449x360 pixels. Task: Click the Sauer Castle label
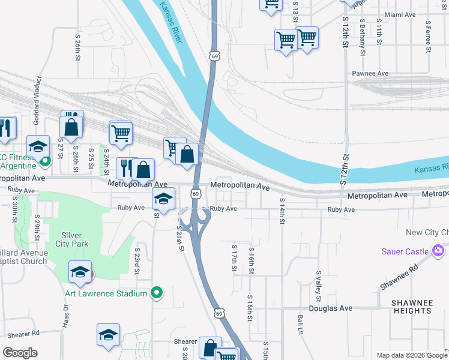pyautogui.click(x=405, y=251)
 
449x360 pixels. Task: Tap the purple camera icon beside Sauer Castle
pyautogui.click(x=439, y=250)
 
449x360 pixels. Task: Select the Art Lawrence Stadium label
pyautogui.click(x=106, y=293)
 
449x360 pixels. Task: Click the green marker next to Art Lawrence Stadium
pyautogui.click(x=157, y=293)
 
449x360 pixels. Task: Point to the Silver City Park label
pyautogui.click(x=74, y=239)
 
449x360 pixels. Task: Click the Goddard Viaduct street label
pyautogui.click(x=37, y=100)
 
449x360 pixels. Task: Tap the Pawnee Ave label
pyautogui.click(x=370, y=73)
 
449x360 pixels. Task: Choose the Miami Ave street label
pyautogui.click(x=400, y=14)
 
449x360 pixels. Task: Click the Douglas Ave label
pyautogui.click(x=330, y=308)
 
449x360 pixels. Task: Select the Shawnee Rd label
pyautogui.click(x=399, y=277)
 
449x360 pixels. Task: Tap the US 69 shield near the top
pyautogui.click(x=215, y=55)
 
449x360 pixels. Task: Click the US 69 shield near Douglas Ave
pyautogui.click(x=220, y=313)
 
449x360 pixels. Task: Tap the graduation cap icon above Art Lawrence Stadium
pyautogui.click(x=80, y=272)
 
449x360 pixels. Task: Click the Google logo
pyautogui.click(x=20, y=353)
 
